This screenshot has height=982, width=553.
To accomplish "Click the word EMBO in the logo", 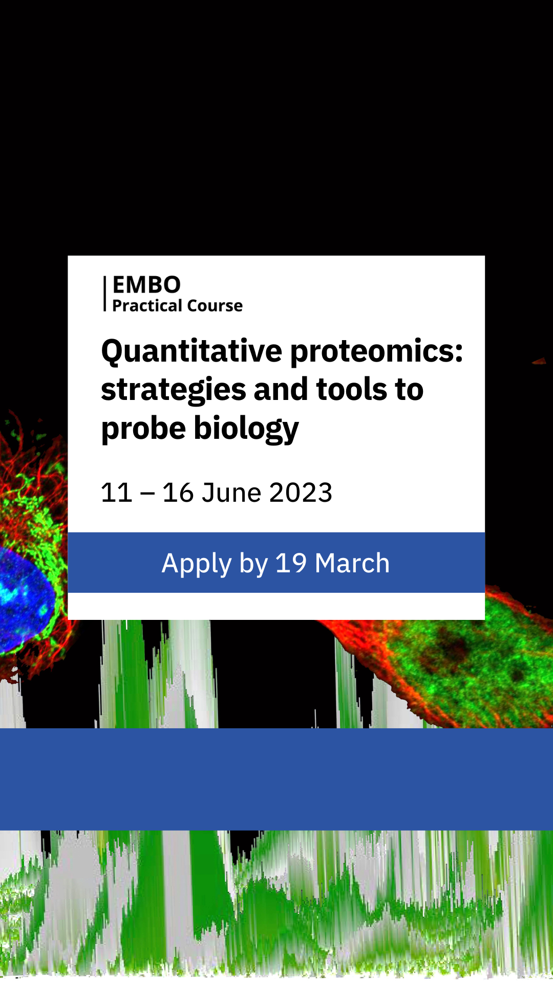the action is pos(146,285).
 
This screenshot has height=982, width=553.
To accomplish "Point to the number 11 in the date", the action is pos(117,493).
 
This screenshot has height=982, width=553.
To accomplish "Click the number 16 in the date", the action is pos(178,493).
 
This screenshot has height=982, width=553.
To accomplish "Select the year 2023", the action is pos(301,493).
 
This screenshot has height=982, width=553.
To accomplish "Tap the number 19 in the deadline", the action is pos(291,563).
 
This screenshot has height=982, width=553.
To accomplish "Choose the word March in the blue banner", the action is pos(352,563).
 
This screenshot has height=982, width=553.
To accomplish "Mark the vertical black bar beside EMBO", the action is pos(105,294).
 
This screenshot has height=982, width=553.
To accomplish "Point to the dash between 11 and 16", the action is pos(147,495).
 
